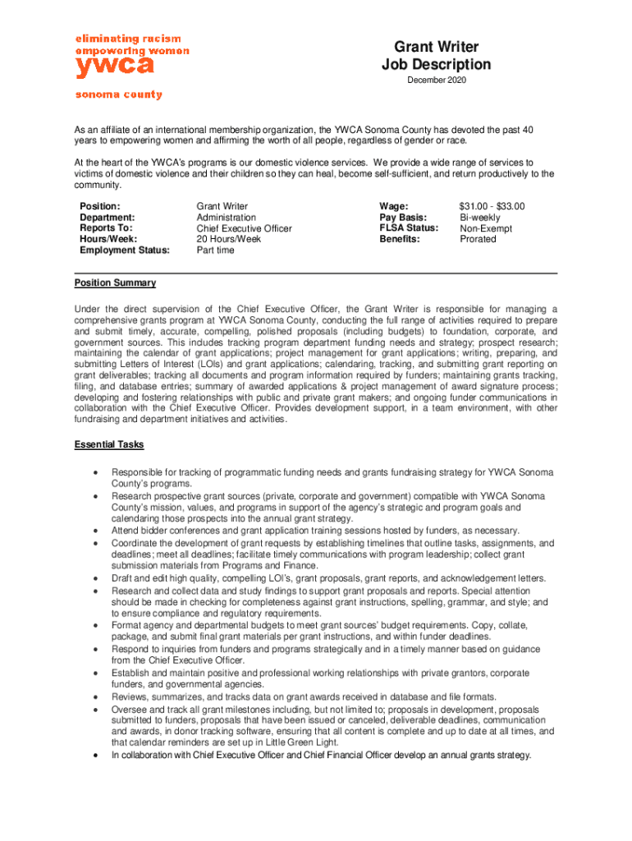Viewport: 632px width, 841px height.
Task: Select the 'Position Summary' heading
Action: [x=115, y=283]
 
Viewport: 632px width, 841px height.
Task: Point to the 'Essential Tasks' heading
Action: [x=109, y=444]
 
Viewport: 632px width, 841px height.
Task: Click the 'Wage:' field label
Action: [x=394, y=205]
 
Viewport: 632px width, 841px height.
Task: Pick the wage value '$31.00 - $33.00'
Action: [x=492, y=205]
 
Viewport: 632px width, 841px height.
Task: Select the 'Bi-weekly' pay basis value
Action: [x=479, y=217]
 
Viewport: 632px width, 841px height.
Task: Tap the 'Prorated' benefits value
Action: [x=478, y=239]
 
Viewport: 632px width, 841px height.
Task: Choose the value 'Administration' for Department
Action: [x=226, y=217]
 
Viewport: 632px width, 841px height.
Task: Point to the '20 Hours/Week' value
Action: [x=228, y=239]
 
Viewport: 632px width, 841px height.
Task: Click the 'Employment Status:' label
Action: [x=124, y=250]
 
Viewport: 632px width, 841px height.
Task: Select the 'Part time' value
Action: [x=215, y=250]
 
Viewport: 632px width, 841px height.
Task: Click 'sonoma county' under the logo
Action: [x=119, y=94]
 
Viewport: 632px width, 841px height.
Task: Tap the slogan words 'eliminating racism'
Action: [x=128, y=39]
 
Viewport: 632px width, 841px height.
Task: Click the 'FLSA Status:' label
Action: [x=409, y=227]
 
